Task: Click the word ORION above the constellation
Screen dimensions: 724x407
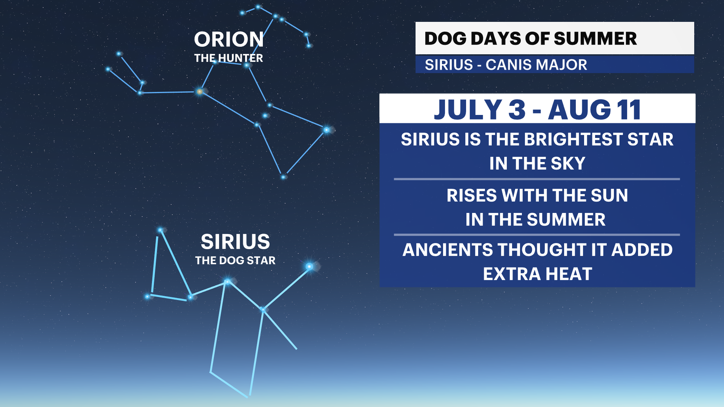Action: pos(229,39)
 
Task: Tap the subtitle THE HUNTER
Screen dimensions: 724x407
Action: pos(229,58)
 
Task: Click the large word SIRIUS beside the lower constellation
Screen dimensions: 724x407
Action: pos(235,242)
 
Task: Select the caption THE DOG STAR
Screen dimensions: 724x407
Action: pos(235,260)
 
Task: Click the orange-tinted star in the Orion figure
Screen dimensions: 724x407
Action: pos(199,91)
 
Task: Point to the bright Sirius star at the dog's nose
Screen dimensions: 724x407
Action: pos(309,267)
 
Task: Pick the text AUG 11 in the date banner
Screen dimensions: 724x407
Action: pos(594,110)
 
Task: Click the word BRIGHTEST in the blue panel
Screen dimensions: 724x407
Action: pos(573,139)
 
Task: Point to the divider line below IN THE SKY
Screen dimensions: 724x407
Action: pos(537,179)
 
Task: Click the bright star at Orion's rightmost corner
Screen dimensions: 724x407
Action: pos(327,130)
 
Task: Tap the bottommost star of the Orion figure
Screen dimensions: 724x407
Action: pos(283,177)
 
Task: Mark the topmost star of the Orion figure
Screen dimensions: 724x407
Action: pos(258,7)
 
